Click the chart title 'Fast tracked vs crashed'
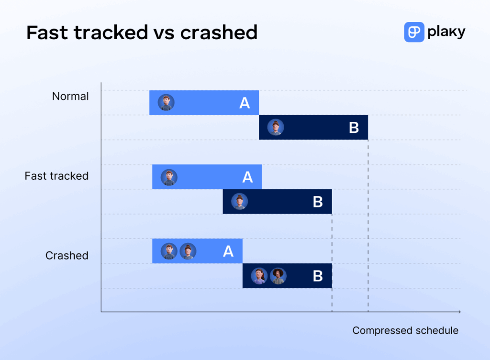pos(142,33)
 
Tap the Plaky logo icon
pos(414,32)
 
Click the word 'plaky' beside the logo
pos(446,33)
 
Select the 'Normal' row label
pos(70,96)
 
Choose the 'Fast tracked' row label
pos(56,176)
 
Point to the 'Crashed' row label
pos(67,255)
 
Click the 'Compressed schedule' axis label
pos(405,330)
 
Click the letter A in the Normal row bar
pos(245,103)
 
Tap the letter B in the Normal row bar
pos(354,128)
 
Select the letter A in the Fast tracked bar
pos(247,177)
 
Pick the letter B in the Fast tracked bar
pos(318,202)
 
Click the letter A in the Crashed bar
pos(228,251)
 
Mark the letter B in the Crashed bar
pos(318,276)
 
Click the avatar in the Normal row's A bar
pos(166,102)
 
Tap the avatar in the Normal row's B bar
pos(276,127)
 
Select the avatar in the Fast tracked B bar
pos(239,201)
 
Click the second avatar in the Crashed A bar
pos(188,251)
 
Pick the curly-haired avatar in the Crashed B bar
pos(278,276)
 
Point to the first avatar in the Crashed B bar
pos(259,276)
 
